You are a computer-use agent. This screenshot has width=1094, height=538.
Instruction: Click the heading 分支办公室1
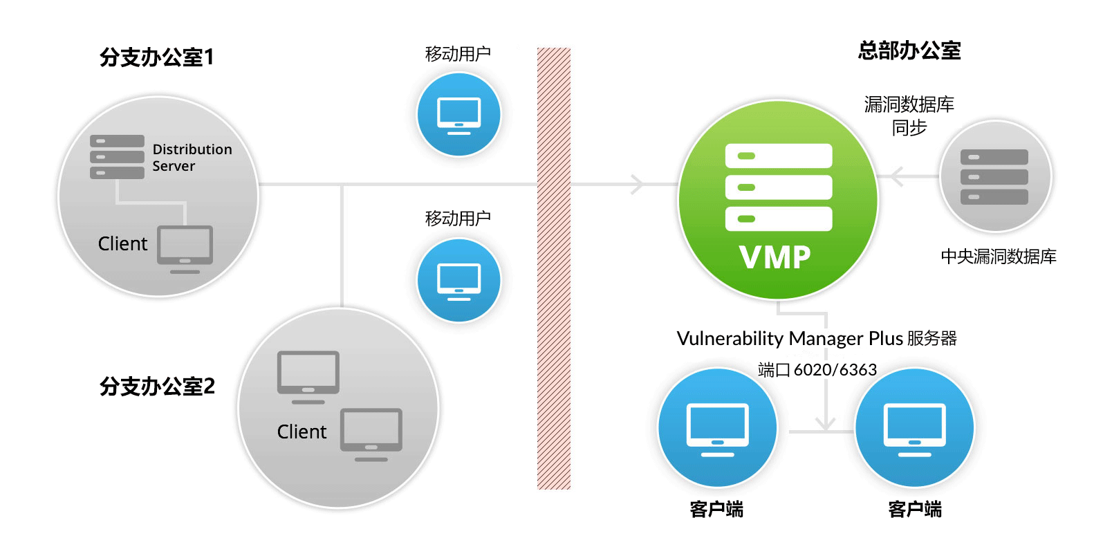(156, 57)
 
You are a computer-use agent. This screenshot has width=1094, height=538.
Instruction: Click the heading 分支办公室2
(157, 386)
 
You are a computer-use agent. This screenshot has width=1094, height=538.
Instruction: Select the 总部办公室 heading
(909, 50)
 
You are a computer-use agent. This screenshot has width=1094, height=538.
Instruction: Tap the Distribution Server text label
(192, 158)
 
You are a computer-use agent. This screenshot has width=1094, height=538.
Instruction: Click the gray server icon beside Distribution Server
(117, 157)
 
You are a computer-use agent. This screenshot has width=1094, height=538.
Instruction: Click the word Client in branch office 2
(302, 432)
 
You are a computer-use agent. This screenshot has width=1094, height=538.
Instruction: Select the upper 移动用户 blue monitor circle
(458, 114)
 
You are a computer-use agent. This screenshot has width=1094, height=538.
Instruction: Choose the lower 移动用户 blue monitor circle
(458, 280)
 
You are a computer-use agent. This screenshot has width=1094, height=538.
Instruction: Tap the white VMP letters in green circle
(775, 258)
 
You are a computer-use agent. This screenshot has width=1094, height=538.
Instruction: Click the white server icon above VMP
(778, 187)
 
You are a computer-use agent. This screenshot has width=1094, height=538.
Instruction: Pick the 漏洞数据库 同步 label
(909, 115)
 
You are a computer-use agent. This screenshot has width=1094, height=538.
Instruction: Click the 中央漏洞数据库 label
(998, 257)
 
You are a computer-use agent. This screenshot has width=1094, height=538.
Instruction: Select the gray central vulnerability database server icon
(994, 176)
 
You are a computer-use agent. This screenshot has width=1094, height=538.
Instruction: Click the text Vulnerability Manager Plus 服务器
(816, 338)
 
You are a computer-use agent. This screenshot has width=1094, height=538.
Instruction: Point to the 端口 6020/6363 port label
(817, 370)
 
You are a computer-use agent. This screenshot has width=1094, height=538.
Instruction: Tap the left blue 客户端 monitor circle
(717, 428)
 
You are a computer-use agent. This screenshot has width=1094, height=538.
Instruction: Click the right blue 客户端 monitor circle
(914, 428)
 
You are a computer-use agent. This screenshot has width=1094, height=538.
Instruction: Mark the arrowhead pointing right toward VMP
(638, 185)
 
